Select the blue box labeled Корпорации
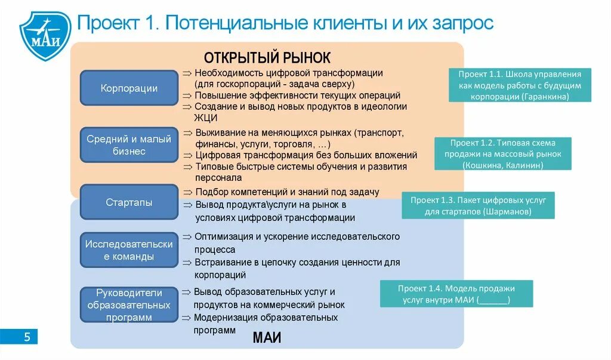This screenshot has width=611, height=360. point(129,88)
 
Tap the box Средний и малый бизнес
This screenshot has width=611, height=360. point(129,145)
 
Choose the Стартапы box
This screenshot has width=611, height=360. point(129,202)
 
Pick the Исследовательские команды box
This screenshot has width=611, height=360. point(129,250)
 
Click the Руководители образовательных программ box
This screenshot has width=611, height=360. point(129,305)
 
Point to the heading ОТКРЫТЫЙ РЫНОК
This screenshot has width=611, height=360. point(267,58)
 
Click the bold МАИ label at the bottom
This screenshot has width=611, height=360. point(267,338)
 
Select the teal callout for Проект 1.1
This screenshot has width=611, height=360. point(520,85)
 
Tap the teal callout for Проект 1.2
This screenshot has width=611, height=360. point(502,154)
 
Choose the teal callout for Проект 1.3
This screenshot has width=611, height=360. point(478,205)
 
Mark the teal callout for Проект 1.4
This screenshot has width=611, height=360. point(456,294)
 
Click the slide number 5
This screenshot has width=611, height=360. point(26,337)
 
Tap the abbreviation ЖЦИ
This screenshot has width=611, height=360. point(205,118)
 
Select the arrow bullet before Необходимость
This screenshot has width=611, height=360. point(187,73)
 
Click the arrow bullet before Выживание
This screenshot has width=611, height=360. point(187,133)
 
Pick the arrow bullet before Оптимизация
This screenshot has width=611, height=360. point(187,237)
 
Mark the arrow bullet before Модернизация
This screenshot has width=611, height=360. point(187,318)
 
